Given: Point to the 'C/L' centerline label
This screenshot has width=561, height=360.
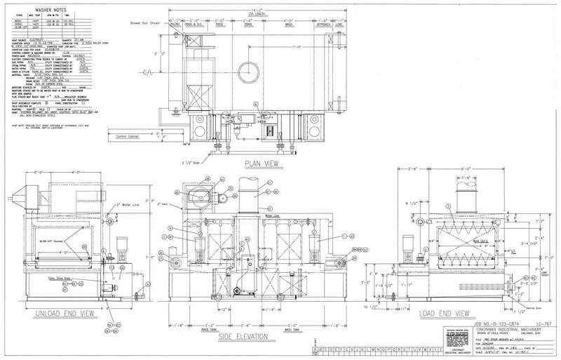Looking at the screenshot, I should pyautogui.click(x=147, y=72).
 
